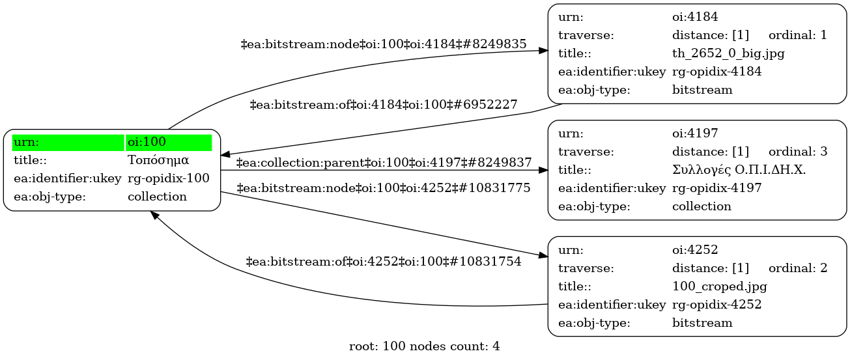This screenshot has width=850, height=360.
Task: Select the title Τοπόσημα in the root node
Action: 158,160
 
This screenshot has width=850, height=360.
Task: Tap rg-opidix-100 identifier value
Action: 168,178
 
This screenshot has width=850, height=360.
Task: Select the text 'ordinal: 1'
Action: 797,35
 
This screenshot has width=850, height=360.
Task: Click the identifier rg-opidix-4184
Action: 716,72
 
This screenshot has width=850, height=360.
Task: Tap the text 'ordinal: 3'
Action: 797,152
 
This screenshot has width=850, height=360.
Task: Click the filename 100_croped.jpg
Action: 719,286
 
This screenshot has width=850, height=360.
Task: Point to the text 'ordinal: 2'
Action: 797,268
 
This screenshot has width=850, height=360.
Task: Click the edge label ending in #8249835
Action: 384,44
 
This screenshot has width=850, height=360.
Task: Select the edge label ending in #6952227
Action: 384,104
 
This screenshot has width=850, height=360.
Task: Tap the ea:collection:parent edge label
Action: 384,162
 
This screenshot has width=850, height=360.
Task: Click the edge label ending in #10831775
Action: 384,188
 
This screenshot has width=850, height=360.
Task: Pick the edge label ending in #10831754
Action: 384,262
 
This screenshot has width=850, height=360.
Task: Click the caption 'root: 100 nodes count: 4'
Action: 424,346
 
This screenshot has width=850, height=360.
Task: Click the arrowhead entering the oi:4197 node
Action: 543,170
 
